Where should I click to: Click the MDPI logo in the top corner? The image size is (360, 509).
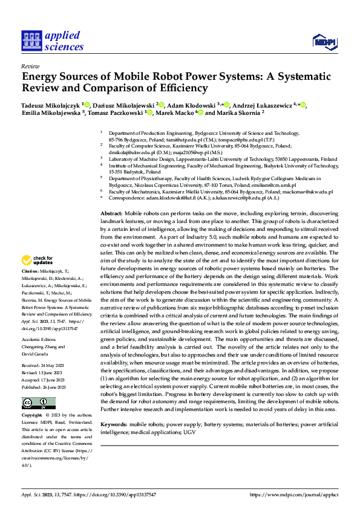click(324, 41)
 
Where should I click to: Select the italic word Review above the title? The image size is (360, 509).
click(30, 66)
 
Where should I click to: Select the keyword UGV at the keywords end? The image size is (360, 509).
click(189, 433)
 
